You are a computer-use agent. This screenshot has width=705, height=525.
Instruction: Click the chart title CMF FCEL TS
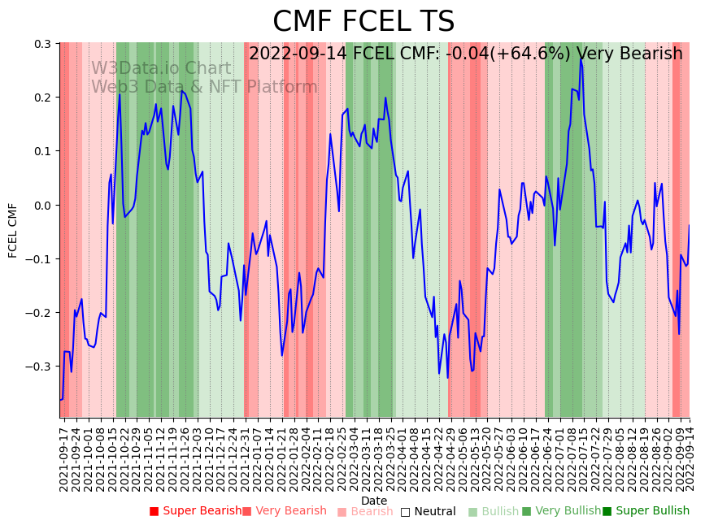coord(363,22)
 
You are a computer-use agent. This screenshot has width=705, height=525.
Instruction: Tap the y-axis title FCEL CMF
coord(13,230)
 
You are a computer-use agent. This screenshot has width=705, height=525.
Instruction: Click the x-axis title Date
coord(374,501)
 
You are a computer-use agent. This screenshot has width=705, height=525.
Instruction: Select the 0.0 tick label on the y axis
coord(42,205)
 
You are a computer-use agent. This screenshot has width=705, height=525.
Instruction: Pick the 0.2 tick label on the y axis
coord(42,98)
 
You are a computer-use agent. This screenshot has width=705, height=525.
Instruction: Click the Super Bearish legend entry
coord(195,511)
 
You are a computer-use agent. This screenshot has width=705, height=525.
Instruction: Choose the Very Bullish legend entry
coord(561,511)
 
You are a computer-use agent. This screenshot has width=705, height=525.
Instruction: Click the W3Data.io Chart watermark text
coord(160,68)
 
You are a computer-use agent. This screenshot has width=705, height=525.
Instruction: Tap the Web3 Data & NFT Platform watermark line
coord(203,87)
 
